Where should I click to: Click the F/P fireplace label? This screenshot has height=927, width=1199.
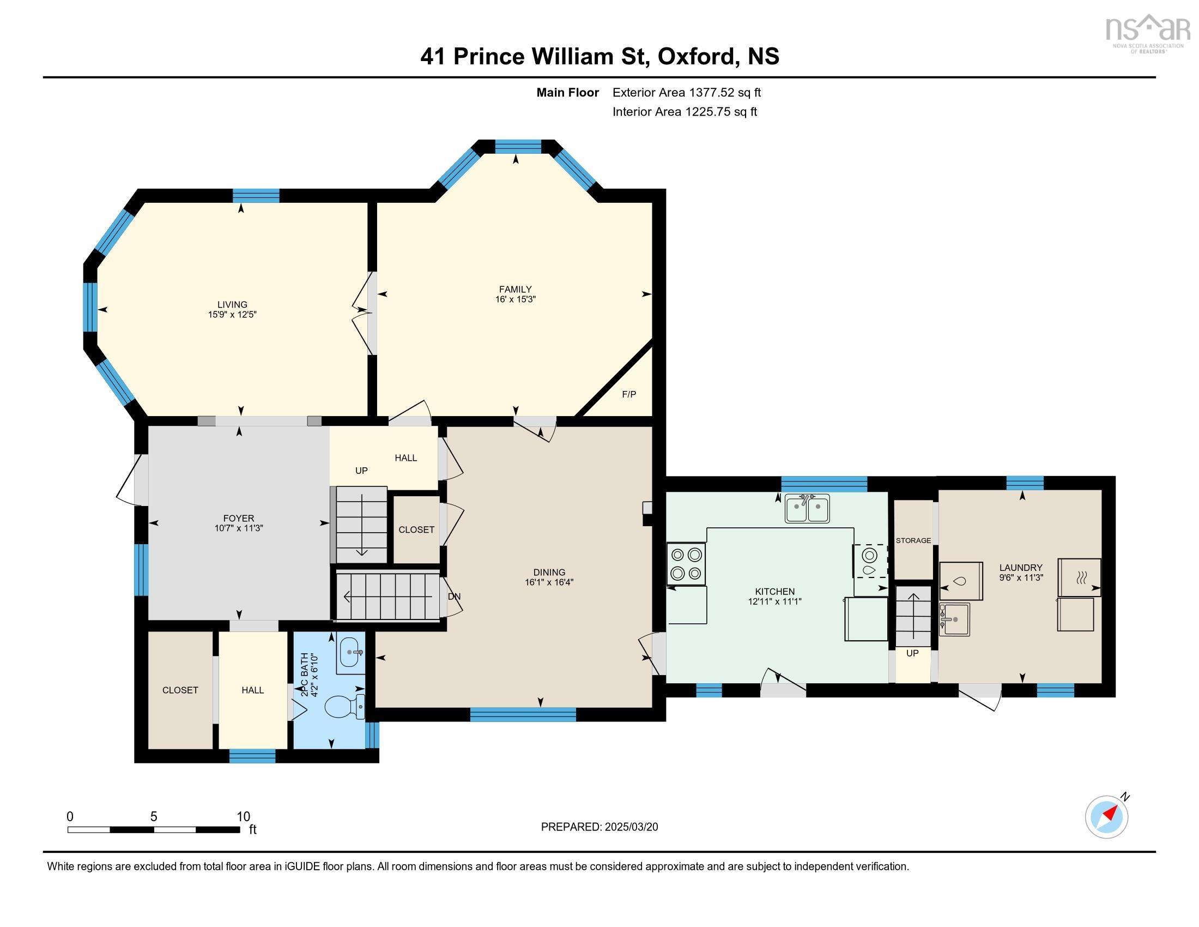pos(628,394)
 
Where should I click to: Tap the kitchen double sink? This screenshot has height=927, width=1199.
pos(807,509)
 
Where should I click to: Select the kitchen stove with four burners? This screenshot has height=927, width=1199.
pos(686,563)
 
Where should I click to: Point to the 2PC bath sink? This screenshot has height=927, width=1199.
pos(350,653)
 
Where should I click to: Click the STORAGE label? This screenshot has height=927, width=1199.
pos(913,540)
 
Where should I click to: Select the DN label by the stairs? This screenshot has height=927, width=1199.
pos(454,597)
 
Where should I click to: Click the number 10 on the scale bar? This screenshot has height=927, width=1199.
pos(243,816)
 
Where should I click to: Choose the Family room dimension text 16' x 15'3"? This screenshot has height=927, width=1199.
pos(515,299)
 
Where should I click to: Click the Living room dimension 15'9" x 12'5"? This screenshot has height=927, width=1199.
pos(232,315)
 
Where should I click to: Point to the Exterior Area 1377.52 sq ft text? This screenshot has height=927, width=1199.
pos(686,92)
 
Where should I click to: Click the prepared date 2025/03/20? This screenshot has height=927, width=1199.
pos(630,827)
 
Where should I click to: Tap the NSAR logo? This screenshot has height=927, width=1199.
pos(1147,32)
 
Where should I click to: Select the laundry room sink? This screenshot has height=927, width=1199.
pos(954,619)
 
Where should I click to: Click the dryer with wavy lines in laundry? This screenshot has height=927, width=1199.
pos(1079,577)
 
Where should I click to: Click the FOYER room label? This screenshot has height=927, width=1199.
pos(238,518)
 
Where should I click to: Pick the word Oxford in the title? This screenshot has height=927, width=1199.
pos(695,57)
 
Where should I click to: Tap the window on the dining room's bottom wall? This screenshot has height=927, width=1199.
pos(523,714)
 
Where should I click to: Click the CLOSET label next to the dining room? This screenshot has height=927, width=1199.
pos(416,529)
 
